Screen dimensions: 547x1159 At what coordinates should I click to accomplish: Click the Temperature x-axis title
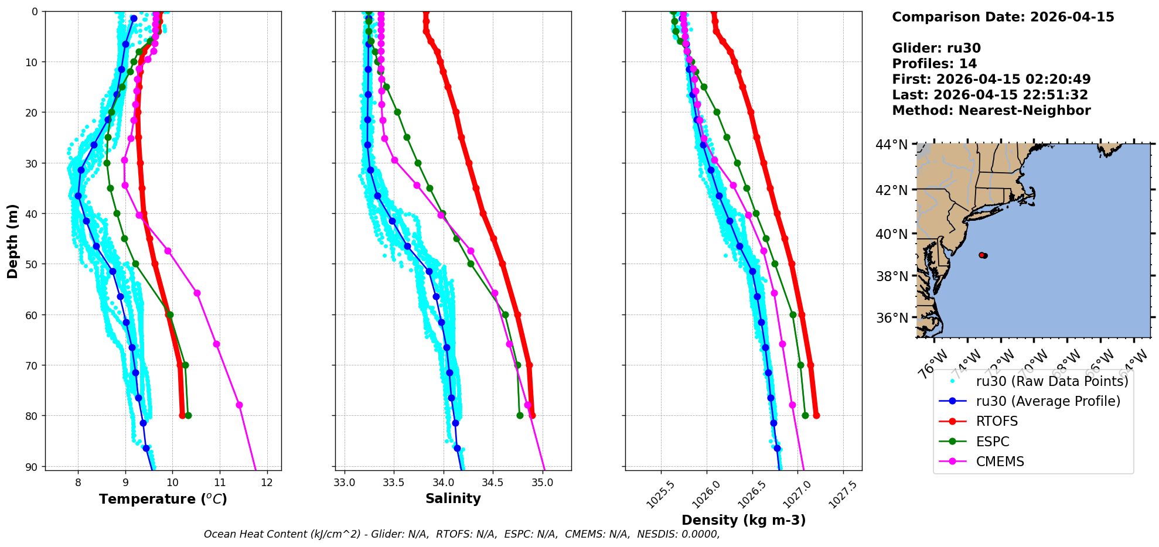163,499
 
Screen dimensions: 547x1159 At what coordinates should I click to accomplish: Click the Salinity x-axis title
453,498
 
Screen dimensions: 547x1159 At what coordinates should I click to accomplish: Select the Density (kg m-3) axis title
744,520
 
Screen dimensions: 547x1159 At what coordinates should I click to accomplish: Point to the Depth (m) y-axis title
13,241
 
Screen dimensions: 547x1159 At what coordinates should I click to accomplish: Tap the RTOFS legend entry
997,422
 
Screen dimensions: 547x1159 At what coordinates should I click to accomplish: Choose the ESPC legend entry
993,442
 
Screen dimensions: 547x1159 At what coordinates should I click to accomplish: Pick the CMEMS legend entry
1000,461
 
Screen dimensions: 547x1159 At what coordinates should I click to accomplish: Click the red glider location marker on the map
982,255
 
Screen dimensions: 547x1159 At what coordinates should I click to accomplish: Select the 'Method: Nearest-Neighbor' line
991,111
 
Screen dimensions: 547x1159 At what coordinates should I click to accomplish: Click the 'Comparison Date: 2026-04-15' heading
1003,17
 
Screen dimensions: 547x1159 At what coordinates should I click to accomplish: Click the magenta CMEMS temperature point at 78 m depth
239,405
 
